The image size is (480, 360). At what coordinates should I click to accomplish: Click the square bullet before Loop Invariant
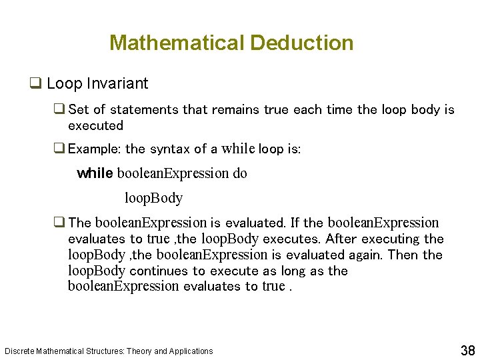click(36, 84)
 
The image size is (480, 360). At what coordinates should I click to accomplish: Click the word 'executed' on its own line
click(95, 125)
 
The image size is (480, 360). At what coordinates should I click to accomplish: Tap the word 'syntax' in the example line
click(171, 149)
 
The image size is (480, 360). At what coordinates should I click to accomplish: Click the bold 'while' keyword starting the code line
click(95, 173)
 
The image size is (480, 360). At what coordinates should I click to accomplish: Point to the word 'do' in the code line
click(239, 173)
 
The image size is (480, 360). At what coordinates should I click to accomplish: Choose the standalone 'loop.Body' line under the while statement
click(153, 198)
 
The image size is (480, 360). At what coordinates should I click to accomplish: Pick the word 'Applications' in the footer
click(191, 351)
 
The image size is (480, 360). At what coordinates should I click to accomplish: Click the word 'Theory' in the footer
click(139, 351)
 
